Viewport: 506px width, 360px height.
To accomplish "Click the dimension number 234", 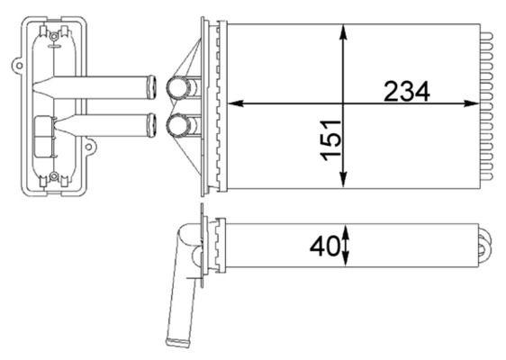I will pos(407,91).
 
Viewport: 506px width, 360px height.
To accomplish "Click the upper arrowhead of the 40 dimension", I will pos(347,229).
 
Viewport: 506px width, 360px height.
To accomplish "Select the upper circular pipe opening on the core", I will pos(178,88).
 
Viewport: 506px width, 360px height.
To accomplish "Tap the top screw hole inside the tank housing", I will pos(54,37).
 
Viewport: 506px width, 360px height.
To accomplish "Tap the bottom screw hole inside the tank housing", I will pos(54,175).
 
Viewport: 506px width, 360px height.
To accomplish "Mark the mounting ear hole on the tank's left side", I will pos(18,65).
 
